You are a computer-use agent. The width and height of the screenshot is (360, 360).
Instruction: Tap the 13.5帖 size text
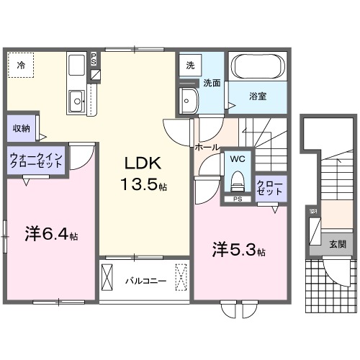(144, 185)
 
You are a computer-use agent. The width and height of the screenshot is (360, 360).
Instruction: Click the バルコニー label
(144, 279)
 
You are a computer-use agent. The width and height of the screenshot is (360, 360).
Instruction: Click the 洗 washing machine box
(190, 64)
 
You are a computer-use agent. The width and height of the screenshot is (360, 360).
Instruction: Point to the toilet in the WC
(237, 179)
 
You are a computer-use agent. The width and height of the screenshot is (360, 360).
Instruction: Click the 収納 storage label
(21, 129)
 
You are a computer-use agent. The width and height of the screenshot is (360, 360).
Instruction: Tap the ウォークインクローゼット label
(37, 158)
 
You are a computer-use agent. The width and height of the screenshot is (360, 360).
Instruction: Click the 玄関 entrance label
(337, 244)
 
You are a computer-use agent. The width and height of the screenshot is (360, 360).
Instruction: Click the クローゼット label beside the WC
(271, 188)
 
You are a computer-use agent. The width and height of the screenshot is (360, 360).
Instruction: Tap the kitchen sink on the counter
(76, 102)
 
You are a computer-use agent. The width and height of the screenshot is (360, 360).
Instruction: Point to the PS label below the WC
(237, 200)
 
